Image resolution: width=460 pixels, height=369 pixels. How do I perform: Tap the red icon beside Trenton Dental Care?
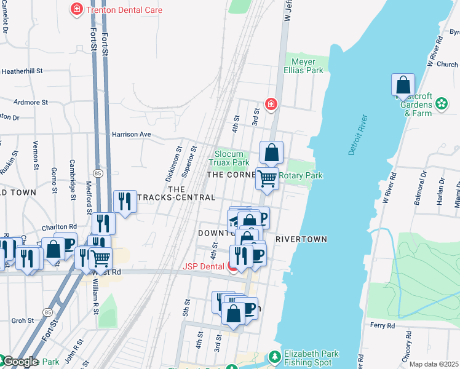pos(76,9)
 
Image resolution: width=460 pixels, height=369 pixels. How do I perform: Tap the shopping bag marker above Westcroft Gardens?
pos(403,85)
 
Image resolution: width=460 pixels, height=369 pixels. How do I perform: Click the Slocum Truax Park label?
pos(232,158)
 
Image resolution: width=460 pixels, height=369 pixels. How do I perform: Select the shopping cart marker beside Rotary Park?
pos(267,179)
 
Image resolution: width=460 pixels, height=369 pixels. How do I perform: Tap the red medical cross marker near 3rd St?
pos(270,105)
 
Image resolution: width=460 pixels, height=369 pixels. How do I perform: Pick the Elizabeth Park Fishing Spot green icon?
pos(274,356)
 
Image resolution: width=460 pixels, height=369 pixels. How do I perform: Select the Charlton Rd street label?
pos(60,226)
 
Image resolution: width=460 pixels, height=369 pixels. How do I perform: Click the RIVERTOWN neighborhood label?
pos(301,239)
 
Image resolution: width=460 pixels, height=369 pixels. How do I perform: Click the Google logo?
pos(20,362)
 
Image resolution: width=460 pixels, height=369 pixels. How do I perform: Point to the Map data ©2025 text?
pos(434,364)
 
